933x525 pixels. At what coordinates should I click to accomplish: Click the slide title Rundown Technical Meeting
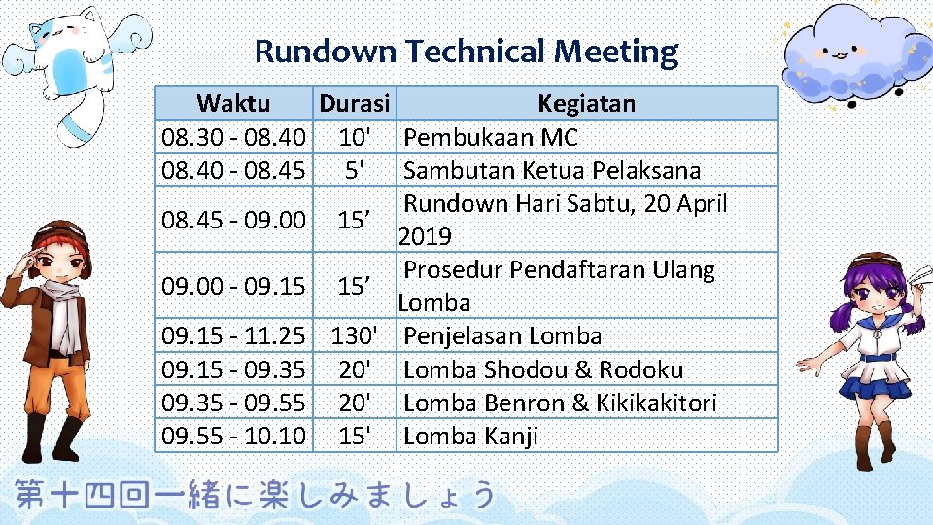[466, 51]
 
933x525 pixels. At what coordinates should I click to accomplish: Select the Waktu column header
[233, 103]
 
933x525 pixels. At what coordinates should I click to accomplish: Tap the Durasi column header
[355, 103]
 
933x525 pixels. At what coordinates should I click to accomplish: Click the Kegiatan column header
[587, 103]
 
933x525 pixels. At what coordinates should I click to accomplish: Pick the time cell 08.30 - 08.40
[233, 137]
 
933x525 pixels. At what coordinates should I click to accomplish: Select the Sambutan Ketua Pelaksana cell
[551, 170]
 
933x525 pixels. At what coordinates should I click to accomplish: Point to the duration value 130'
[354, 336]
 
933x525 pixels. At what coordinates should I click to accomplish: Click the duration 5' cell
[354, 170]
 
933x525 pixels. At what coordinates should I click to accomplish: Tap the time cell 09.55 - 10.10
[233, 436]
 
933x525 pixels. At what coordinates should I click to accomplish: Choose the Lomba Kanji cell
[470, 436]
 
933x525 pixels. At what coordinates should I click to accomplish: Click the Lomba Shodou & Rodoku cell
[542, 369]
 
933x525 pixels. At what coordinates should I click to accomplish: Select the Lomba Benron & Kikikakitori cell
[559, 402]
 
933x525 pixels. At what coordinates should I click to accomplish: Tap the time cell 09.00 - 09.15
[233, 286]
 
